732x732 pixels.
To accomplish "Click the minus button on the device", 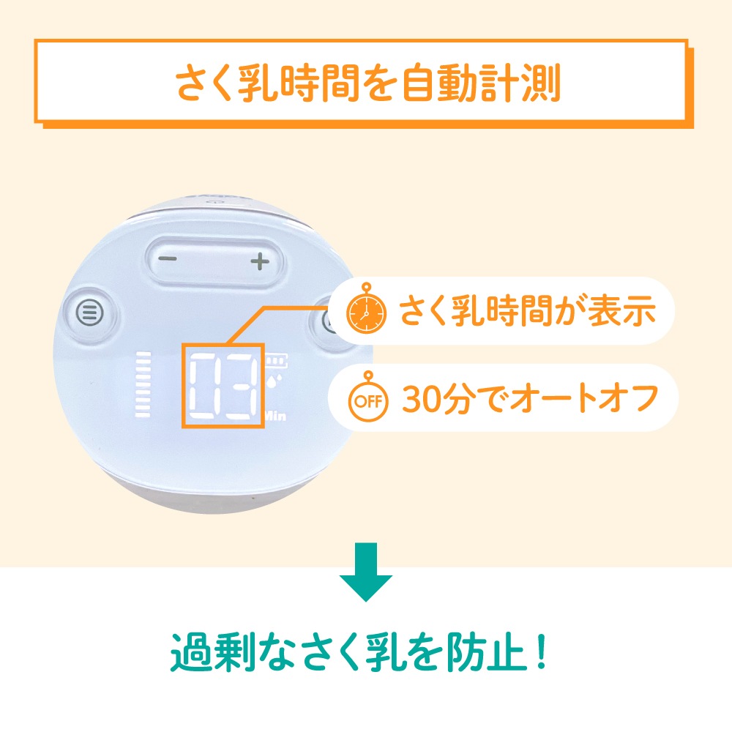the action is tap(167, 258).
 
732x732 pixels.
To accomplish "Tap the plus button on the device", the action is tap(260, 261).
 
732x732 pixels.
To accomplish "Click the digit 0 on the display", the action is tap(203, 386).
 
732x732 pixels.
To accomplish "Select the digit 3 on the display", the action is tap(241, 386).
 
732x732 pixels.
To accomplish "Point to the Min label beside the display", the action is tap(275, 414).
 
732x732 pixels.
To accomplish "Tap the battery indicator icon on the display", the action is tap(277, 360).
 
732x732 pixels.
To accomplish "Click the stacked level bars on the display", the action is tap(143, 384).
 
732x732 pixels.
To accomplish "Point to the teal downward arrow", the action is tap(365, 572).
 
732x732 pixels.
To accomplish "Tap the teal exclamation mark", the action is tap(542, 651).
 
